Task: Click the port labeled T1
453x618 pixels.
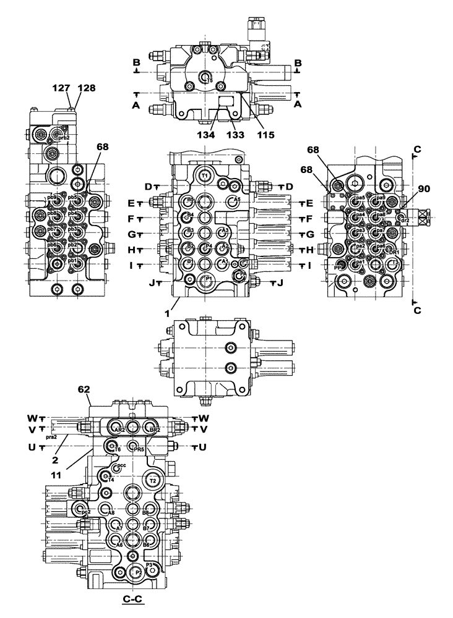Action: (x=206, y=176)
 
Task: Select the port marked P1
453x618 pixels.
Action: (x=209, y=279)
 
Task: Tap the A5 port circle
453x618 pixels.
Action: (x=233, y=200)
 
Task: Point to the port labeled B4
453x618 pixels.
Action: (x=190, y=216)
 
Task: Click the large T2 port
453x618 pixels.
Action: (x=153, y=480)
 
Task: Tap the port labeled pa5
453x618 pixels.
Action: (x=356, y=200)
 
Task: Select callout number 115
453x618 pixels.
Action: (x=267, y=134)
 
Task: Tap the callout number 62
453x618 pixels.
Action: (x=84, y=390)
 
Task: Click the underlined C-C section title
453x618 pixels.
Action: (x=134, y=599)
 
